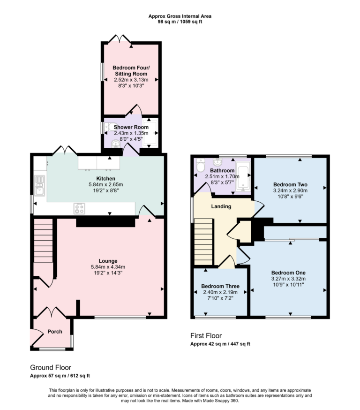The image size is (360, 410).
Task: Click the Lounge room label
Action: coord(108,261)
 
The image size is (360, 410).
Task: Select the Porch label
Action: coord(55,332)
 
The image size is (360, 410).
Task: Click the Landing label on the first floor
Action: coord(221,206)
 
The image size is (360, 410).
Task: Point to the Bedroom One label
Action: coord(288,273)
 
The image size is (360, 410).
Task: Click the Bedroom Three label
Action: coord(220,286)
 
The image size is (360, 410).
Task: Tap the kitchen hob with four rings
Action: coord(79,208)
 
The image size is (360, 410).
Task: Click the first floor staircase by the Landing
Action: coord(203,244)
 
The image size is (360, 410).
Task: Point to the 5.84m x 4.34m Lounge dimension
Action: coord(108,267)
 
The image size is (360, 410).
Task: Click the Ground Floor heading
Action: coord(51,367)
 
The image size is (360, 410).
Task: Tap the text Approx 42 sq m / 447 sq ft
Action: coord(220,344)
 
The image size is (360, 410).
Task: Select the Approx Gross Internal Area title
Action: coord(180,16)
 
